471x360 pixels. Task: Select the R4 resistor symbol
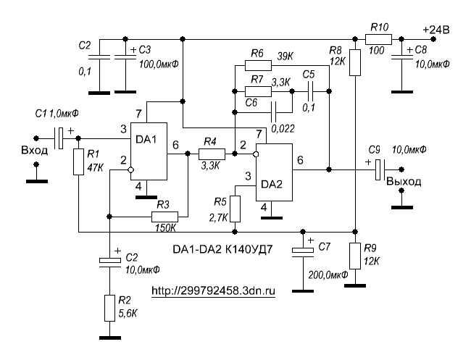[x=212, y=153]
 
